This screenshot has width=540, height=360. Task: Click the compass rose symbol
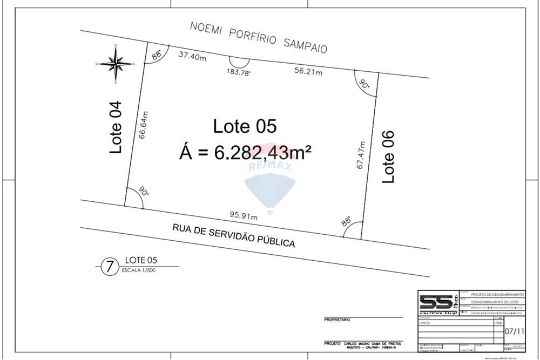point(116,64)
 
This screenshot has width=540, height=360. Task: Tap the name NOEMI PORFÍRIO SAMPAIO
point(259,37)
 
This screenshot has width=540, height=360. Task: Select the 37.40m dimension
point(192,55)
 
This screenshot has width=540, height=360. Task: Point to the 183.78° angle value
point(238,73)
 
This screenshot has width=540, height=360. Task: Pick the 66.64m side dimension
point(144,125)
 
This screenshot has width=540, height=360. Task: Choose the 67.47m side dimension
point(361,155)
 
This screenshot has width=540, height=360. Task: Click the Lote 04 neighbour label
point(117,127)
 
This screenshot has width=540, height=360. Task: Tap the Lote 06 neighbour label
point(388,157)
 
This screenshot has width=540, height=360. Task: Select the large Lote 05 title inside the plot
point(245,127)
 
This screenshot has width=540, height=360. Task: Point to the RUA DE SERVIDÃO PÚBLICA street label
point(234,236)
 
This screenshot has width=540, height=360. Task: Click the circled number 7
point(110,266)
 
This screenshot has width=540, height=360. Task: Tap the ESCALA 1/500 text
point(139,271)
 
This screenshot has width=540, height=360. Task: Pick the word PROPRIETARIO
point(337,320)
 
